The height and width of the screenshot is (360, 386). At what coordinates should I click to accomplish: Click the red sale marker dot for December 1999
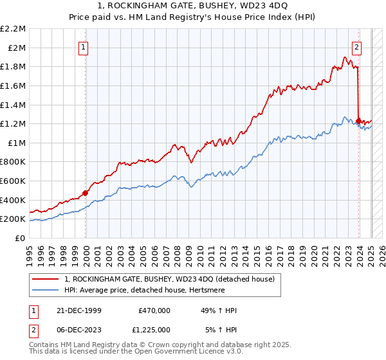(x=85, y=193)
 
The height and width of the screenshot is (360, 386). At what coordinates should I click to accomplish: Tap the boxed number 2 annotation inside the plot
(x=356, y=46)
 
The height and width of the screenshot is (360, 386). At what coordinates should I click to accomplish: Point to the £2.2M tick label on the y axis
(x=14, y=29)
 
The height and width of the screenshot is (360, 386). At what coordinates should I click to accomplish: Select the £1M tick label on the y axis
(x=17, y=143)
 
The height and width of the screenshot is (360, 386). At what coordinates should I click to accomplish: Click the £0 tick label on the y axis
(x=21, y=238)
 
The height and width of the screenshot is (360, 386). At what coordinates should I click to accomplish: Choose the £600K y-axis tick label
(x=14, y=181)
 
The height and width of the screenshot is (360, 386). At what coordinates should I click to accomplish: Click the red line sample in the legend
(x=45, y=279)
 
